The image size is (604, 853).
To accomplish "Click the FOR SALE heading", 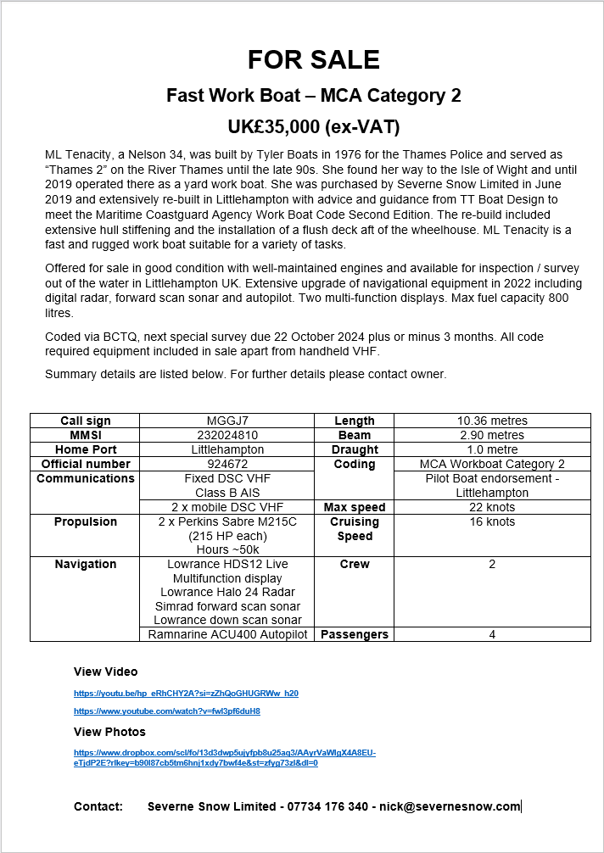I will [313, 59].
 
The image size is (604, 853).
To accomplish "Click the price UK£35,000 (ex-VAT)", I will [313, 127].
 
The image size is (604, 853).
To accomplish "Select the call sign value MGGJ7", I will [226, 421].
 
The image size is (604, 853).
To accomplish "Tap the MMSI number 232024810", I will [226, 435].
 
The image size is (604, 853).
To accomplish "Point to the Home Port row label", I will [86, 449].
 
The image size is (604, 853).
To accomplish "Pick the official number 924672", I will [226, 464].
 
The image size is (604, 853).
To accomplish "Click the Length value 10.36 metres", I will [492, 421].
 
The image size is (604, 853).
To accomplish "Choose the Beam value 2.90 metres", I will [492, 435].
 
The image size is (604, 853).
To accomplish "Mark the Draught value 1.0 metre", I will [492, 449].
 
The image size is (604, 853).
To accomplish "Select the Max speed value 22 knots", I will [492, 507].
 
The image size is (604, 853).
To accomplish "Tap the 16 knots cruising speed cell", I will [492, 521].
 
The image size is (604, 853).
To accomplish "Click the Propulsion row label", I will [86, 521].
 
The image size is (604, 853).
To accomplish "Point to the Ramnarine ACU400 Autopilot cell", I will [227, 634].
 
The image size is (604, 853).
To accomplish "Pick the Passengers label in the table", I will [355, 634].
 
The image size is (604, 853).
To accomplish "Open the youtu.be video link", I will [186, 694].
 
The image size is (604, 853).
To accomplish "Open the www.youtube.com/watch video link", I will [166, 711].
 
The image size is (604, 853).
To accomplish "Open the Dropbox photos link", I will [224, 757].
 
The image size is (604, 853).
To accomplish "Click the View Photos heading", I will [109, 732].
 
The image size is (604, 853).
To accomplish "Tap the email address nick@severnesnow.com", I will [450, 806].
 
